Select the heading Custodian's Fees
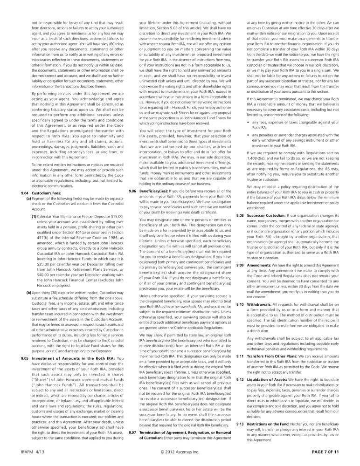[46, 192]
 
